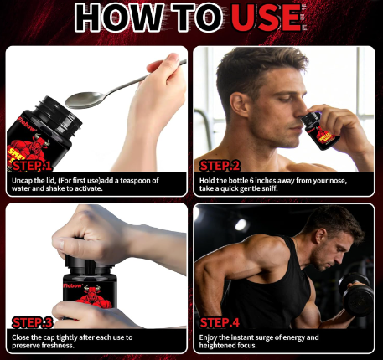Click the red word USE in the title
coord(267,18)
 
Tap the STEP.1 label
coord(32,166)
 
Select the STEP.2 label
coord(220,166)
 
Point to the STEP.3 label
coord(32,322)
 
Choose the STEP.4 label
coord(220,322)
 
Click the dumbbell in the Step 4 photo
coord(357,294)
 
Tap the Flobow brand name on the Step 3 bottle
coord(73,285)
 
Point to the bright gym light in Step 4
coord(241,225)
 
